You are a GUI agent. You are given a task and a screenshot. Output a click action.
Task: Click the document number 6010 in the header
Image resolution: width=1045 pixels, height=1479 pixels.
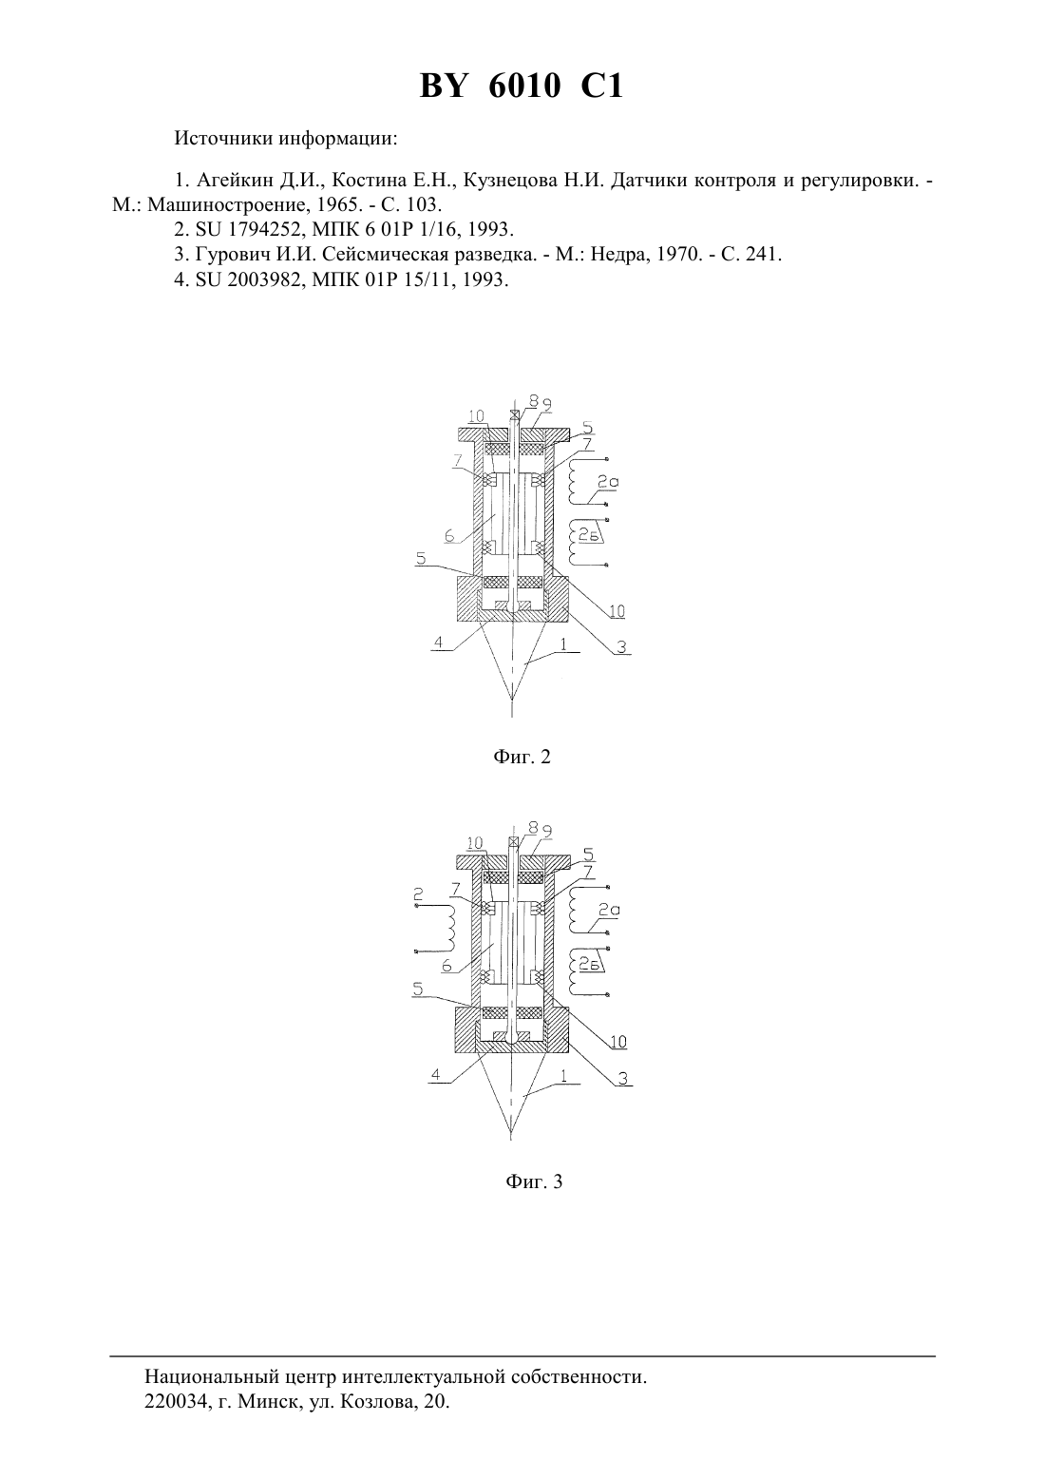click(525, 86)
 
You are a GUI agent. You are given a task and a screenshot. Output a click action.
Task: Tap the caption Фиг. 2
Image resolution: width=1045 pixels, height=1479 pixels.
click(522, 758)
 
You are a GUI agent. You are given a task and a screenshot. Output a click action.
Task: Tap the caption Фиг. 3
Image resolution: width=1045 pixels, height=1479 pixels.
click(534, 1181)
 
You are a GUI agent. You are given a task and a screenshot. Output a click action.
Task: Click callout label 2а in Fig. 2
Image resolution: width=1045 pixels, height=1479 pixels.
click(608, 483)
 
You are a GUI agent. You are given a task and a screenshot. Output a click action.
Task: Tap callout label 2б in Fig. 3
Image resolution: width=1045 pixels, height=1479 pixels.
click(589, 966)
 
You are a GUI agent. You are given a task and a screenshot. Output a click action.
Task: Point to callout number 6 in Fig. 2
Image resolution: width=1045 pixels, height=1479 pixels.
click(448, 536)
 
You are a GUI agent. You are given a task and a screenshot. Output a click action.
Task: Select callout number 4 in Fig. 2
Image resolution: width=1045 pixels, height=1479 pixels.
click(437, 643)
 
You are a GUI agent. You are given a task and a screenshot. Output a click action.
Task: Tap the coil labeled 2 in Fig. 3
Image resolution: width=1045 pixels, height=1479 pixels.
click(450, 927)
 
